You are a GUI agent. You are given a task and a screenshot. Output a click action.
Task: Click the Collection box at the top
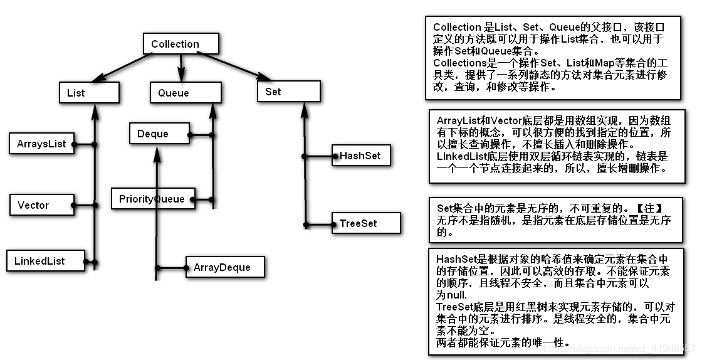[x=181, y=44]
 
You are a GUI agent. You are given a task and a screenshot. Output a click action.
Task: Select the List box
[x=88, y=93]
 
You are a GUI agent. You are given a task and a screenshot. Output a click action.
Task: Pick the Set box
[x=288, y=92]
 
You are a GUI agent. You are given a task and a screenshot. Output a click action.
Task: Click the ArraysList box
[x=41, y=144]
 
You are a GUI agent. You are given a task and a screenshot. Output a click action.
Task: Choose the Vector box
[x=41, y=205]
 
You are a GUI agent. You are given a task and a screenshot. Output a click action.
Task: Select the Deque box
[x=159, y=134]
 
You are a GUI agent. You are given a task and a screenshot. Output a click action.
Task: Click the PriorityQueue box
[x=152, y=199]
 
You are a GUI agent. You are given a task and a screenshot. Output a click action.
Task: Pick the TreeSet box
[x=364, y=223]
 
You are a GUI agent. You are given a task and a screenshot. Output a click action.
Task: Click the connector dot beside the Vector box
[x=74, y=205]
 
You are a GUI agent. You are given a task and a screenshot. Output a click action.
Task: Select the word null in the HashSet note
[x=458, y=295]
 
